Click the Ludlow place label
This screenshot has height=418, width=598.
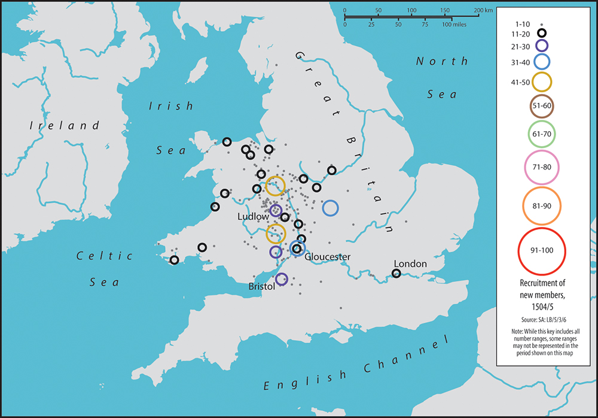click(x=253, y=216)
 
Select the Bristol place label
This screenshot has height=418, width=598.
click(x=261, y=287)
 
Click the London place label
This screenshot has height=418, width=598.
click(x=410, y=263)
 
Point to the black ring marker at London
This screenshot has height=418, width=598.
click(x=396, y=274)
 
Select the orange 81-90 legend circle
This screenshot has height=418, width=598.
click(x=541, y=205)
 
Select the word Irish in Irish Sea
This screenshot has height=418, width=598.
click(x=171, y=106)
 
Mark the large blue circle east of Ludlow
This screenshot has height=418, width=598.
click(x=330, y=208)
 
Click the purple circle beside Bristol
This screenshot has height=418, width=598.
click(x=282, y=279)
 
